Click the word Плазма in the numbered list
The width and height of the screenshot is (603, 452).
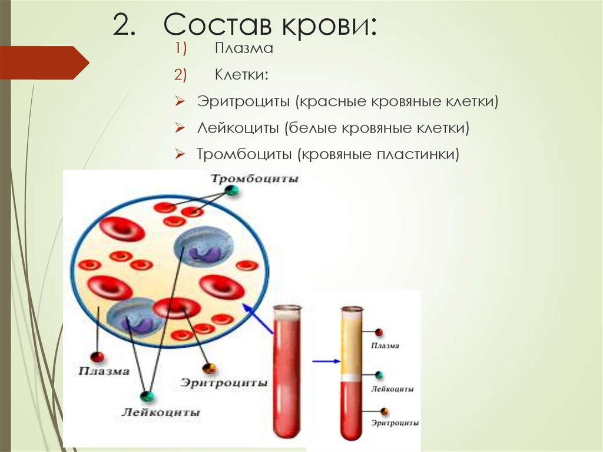point(243,49)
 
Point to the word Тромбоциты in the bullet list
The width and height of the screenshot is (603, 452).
point(244,154)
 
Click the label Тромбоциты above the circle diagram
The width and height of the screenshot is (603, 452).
point(255,179)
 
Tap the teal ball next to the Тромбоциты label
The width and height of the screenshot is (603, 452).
point(233,190)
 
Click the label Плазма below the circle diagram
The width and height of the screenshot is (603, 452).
point(104,371)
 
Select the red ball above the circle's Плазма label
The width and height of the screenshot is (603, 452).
point(97,357)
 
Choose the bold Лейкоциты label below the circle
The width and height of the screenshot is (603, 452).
point(161,412)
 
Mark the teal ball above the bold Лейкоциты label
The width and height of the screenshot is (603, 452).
point(146,396)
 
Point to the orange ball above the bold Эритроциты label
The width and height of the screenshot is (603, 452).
point(208,368)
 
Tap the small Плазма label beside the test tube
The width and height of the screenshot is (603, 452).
point(385,346)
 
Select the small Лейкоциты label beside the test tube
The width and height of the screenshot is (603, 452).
point(392,389)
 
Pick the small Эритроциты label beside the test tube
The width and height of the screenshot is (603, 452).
point(395,423)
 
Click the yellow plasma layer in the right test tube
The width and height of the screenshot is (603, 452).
point(352,345)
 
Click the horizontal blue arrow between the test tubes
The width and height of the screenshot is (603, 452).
point(326,361)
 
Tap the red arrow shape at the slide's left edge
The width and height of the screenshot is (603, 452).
point(44,62)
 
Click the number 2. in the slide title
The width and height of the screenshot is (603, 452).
point(126,27)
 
